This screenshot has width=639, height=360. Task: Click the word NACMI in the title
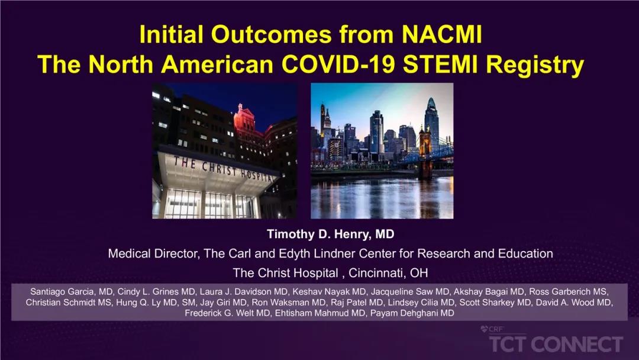point(442,34)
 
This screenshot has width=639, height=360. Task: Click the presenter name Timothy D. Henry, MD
point(331,234)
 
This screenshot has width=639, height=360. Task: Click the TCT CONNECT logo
point(556,341)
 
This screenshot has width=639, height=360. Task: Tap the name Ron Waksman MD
point(289,303)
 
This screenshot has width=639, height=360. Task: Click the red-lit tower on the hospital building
point(244,118)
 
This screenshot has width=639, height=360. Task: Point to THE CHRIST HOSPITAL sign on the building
point(222,168)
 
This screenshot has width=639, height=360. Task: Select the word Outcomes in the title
point(270,34)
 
